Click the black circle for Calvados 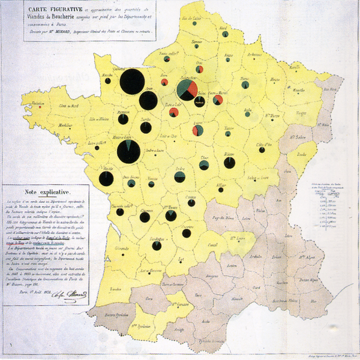click(132, 82)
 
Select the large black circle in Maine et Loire click(128, 151)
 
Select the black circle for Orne click(148, 100)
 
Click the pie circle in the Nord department click(225, 34)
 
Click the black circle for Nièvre click(229, 162)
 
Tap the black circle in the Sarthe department click(145, 128)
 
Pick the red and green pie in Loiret click(197, 130)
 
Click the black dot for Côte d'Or click(262, 151)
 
